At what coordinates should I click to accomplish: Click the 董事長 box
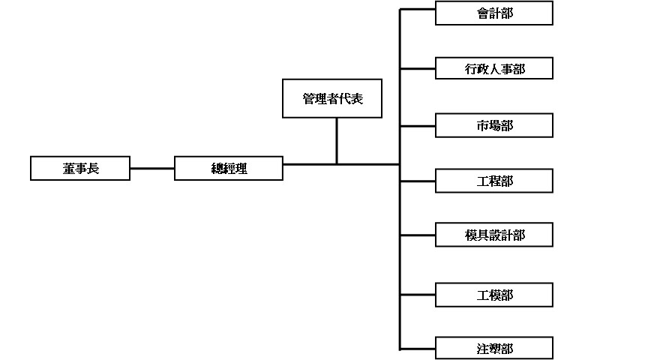click(x=80, y=169)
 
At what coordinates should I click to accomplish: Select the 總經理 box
click(x=229, y=169)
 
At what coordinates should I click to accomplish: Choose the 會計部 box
click(x=494, y=13)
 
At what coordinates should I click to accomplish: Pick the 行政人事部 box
click(x=494, y=69)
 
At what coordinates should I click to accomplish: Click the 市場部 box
click(x=494, y=125)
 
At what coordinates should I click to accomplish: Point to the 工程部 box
click(x=494, y=181)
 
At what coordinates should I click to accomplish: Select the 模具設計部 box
click(x=494, y=235)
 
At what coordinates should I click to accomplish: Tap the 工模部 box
click(x=494, y=295)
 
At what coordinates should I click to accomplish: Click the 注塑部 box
click(x=494, y=349)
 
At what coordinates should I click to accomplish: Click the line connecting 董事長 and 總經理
click(x=152, y=169)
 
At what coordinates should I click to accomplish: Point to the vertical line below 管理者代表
click(x=337, y=141)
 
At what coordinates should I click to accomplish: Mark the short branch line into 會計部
click(x=418, y=10)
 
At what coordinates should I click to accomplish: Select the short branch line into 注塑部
click(x=418, y=349)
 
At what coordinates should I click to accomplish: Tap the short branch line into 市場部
click(x=418, y=125)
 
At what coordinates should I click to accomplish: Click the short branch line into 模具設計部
click(x=418, y=235)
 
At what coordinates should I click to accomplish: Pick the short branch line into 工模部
click(x=418, y=295)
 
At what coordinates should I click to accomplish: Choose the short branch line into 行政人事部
click(x=418, y=69)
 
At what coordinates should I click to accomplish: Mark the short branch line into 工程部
click(x=418, y=181)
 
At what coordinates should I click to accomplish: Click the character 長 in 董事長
click(x=93, y=169)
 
